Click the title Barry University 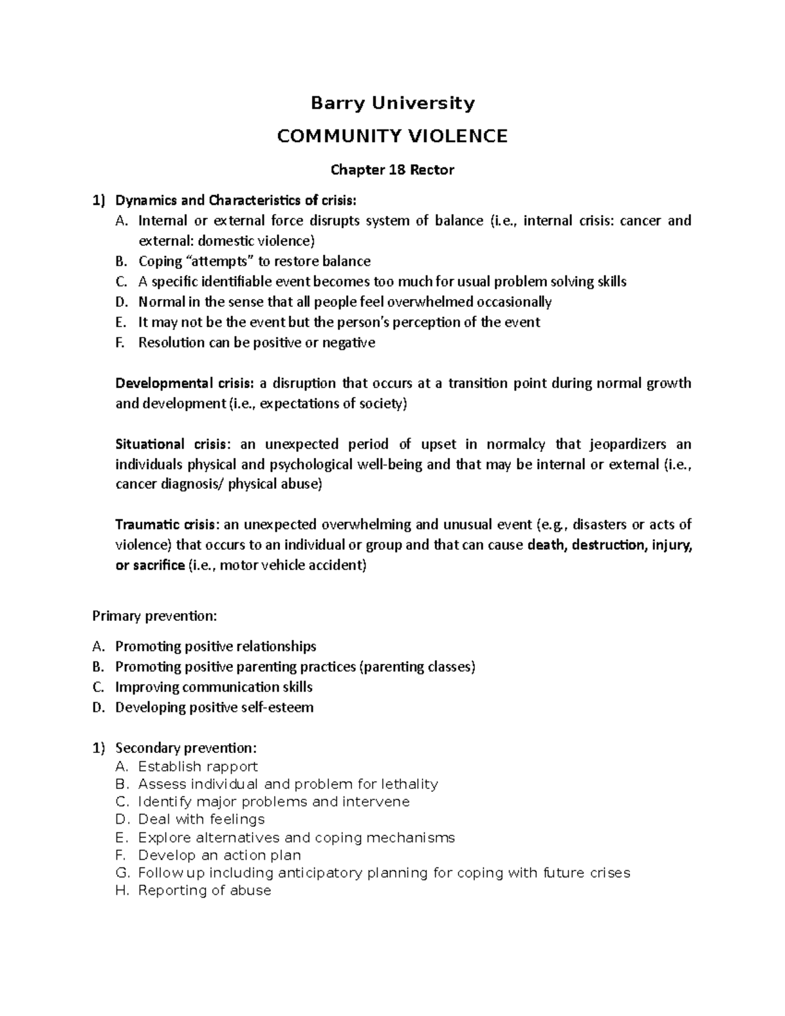click(x=392, y=103)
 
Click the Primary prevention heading click(x=154, y=616)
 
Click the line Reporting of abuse click(x=204, y=890)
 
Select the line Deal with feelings click(x=201, y=819)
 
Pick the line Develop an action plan click(x=219, y=855)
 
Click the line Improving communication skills click(x=214, y=687)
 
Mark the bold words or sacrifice click(x=150, y=565)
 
